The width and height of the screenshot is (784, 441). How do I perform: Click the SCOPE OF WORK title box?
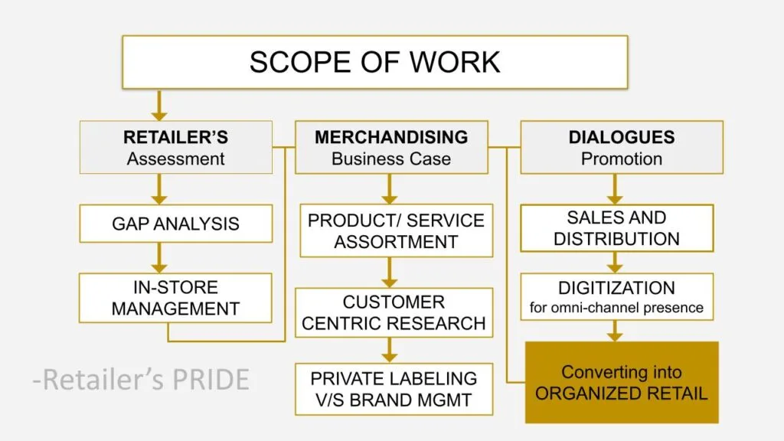[x=375, y=62]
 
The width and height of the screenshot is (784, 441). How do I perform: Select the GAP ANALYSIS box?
[x=175, y=224]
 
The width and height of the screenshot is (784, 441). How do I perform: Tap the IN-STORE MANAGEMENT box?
[x=175, y=298]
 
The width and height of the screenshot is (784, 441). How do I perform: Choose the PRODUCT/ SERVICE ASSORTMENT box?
[x=396, y=230]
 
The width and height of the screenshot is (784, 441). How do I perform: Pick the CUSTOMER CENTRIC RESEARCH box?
[x=394, y=312]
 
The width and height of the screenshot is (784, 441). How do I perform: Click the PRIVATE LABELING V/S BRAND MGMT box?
[x=394, y=389]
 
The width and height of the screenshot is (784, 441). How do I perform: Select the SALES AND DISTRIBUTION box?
[x=616, y=228]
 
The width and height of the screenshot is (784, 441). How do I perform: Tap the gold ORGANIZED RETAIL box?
[x=622, y=383]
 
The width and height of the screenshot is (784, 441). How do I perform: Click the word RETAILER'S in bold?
[x=175, y=137]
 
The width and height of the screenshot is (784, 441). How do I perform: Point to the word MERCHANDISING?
[x=391, y=137]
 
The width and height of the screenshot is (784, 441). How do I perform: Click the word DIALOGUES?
[x=622, y=137]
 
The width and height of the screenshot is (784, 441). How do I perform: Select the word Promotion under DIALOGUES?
[x=622, y=159]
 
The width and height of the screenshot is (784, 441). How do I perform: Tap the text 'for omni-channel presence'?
[x=616, y=308]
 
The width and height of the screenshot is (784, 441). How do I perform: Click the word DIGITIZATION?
[x=616, y=288]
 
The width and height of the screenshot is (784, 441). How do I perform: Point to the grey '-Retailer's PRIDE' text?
[x=141, y=380]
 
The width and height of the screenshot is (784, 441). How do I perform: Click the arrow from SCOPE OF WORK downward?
[x=159, y=105]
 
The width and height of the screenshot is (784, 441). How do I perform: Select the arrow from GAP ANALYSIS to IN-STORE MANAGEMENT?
[x=159, y=258]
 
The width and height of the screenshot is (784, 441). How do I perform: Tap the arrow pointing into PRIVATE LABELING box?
[x=389, y=351]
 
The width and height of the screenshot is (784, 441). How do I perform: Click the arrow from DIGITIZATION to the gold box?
[x=615, y=331]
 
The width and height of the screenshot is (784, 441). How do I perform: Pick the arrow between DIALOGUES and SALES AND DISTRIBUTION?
[x=615, y=189]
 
